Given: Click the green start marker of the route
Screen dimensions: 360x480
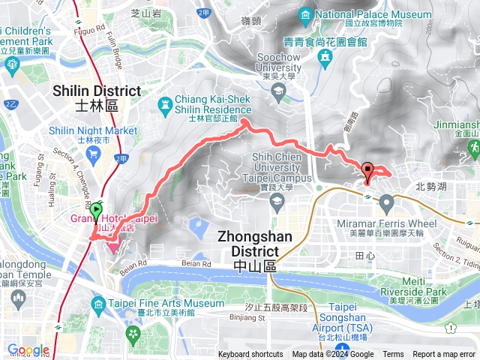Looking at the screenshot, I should [x=97, y=212].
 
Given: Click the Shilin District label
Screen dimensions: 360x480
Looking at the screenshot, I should [x=97, y=91].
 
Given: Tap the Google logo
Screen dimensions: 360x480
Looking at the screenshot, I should [x=28, y=350].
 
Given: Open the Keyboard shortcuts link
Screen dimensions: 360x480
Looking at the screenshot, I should [x=250, y=355].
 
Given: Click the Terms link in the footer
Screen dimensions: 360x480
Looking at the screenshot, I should [x=393, y=355].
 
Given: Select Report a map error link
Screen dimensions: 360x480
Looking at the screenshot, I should [x=444, y=355].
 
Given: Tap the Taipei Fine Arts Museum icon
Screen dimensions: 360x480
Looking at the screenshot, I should [x=98, y=303].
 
